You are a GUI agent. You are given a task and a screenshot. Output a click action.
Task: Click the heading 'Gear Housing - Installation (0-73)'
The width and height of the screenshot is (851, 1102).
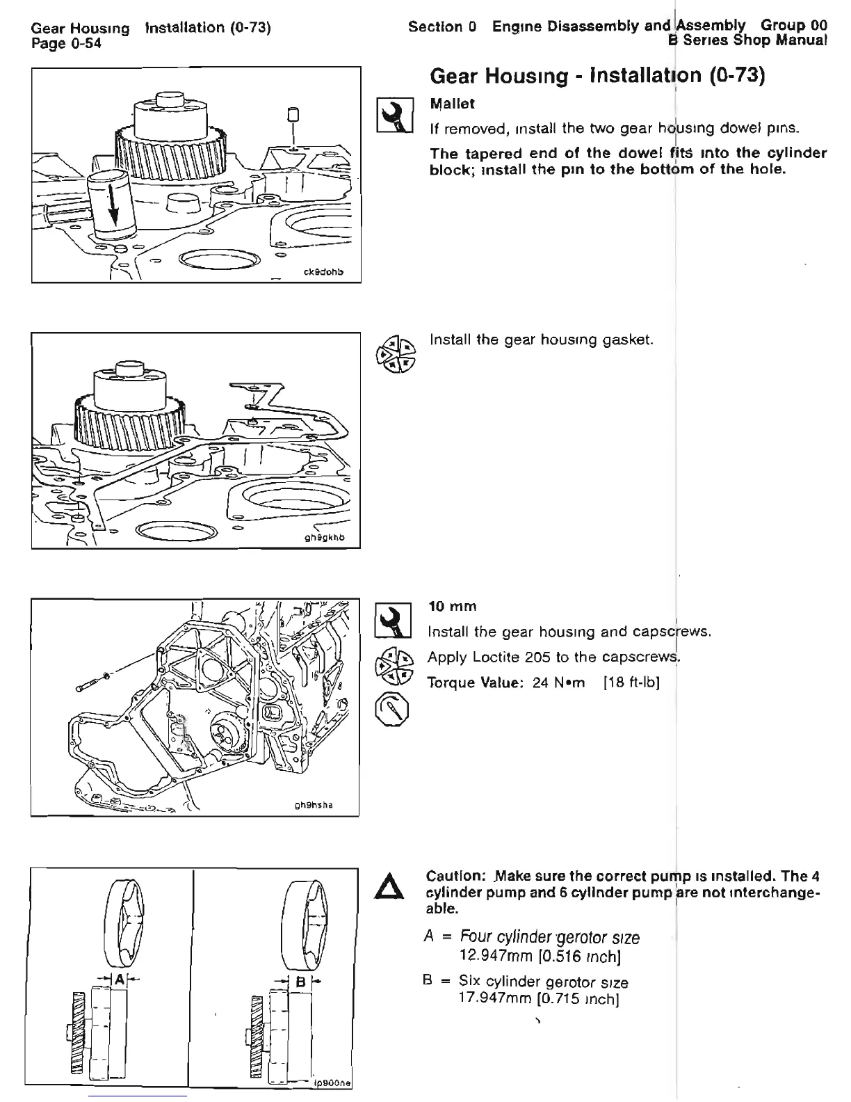point(597,75)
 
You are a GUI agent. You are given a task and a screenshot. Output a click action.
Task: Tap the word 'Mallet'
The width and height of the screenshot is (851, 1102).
point(452,104)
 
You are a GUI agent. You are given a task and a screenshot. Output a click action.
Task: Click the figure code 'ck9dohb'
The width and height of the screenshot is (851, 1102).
point(325,273)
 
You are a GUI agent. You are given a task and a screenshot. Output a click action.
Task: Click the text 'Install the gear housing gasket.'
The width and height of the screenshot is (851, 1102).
point(542,340)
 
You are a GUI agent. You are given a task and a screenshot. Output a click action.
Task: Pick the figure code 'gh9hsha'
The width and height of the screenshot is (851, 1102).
point(314,805)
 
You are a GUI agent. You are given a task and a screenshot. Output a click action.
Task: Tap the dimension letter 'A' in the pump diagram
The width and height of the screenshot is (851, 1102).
point(119,980)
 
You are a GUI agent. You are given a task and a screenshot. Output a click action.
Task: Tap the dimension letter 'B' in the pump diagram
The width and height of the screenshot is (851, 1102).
point(300,982)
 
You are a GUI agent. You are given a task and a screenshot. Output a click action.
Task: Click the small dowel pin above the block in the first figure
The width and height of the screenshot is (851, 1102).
point(293,113)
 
